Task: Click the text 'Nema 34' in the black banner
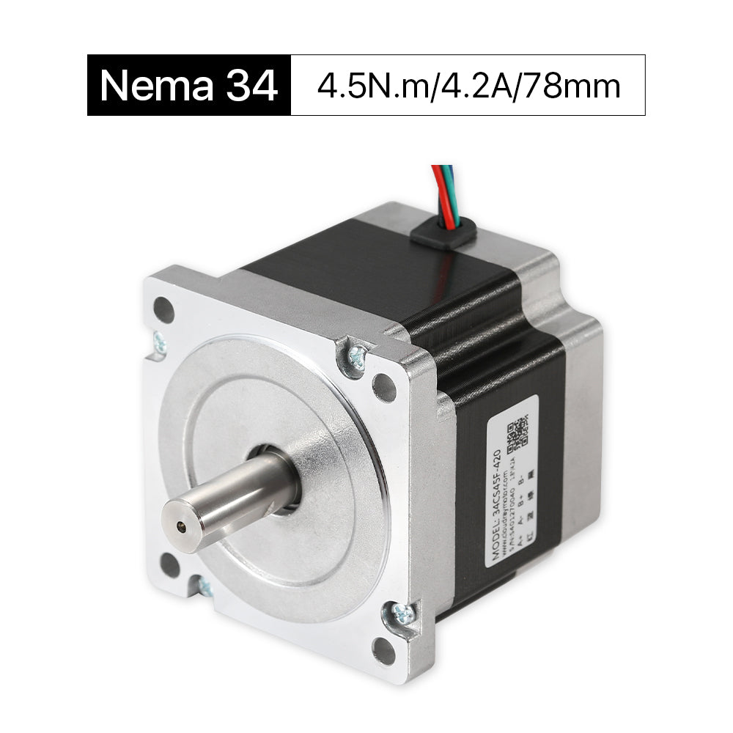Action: [189, 86]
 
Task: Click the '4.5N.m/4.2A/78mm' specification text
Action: [468, 86]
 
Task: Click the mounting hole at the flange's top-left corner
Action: [163, 310]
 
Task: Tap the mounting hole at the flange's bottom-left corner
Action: [170, 564]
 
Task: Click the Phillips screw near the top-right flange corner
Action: [356, 357]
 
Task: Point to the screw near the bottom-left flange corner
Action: [205, 586]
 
